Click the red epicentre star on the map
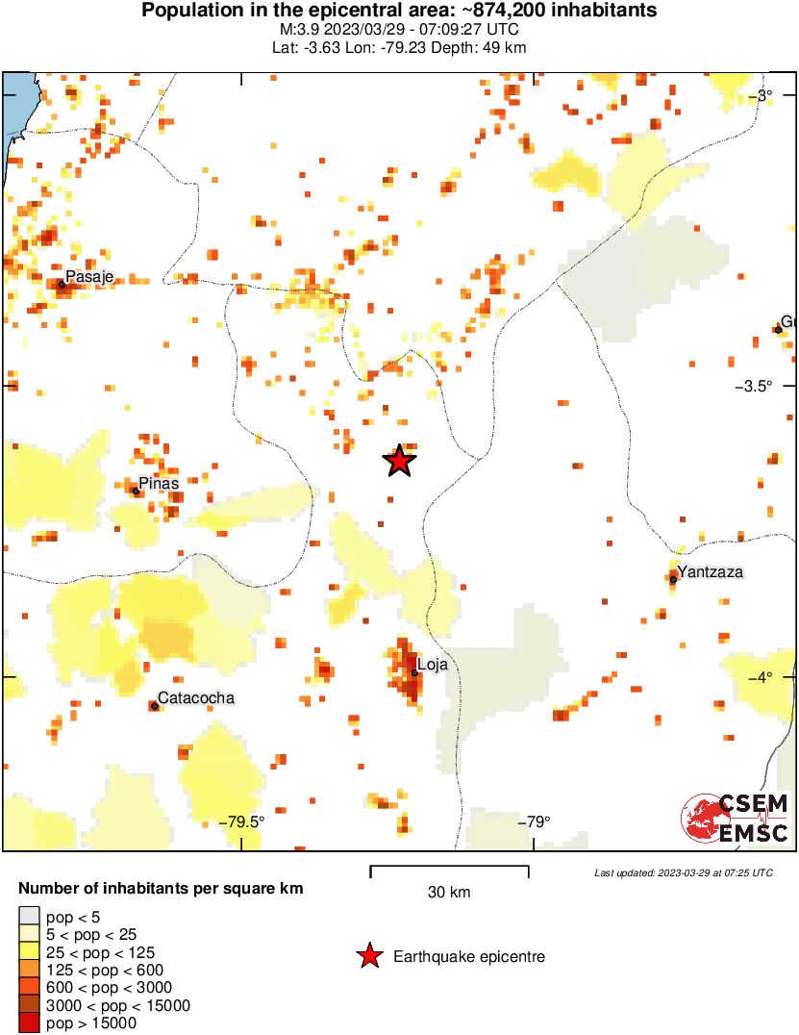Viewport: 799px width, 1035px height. (x=400, y=461)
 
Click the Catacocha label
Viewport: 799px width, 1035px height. (x=195, y=698)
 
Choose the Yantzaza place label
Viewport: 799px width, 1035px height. (x=710, y=572)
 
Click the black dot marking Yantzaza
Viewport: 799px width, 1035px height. (x=674, y=579)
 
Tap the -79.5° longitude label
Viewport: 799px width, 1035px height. (x=241, y=821)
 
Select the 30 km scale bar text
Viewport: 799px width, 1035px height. (x=449, y=893)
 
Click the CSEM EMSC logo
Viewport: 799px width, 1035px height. (x=736, y=819)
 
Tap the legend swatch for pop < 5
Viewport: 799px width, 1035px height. (x=30, y=917)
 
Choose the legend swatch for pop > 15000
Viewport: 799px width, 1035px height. (x=30, y=1023)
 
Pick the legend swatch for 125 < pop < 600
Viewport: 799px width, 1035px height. (x=30, y=970)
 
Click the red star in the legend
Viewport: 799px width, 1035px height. (x=368, y=956)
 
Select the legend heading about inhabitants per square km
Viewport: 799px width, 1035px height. (x=162, y=888)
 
